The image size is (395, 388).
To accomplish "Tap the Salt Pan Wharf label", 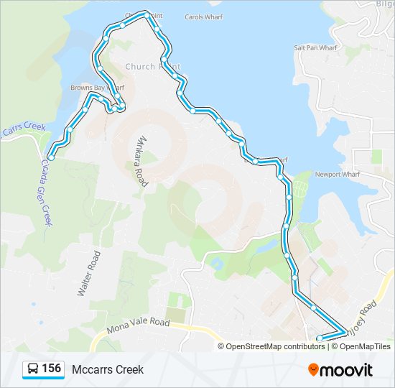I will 315,48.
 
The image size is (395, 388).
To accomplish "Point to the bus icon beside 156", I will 32,369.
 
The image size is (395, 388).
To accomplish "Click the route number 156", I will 51,369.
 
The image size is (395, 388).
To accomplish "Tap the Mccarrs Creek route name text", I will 108,369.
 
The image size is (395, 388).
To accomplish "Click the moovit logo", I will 340,369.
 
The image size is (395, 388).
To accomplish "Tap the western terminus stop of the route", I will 51,157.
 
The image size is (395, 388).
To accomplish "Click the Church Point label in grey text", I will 152,66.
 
